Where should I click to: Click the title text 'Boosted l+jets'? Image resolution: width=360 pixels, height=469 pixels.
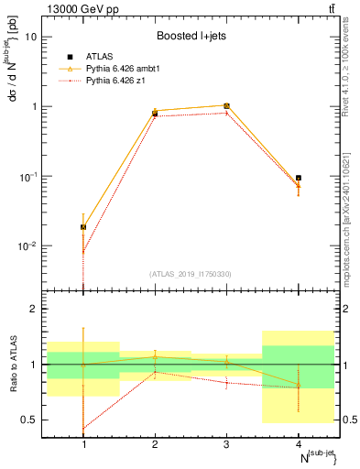click(190, 37)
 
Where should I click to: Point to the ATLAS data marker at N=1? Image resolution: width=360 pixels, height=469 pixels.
click(83, 226)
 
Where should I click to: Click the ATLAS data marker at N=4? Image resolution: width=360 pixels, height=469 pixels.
click(299, 178)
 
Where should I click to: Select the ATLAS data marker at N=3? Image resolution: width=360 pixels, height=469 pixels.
click(226, 106)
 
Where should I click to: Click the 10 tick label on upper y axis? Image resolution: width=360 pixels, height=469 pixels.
click(30, 37)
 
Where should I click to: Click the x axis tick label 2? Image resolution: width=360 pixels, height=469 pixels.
click(155, 443)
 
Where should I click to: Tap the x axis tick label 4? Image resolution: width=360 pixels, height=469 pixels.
click(299, 443)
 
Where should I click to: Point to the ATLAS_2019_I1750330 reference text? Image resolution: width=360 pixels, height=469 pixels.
click(191, 274)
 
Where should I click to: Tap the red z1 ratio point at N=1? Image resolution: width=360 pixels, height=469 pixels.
click(83, 429)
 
